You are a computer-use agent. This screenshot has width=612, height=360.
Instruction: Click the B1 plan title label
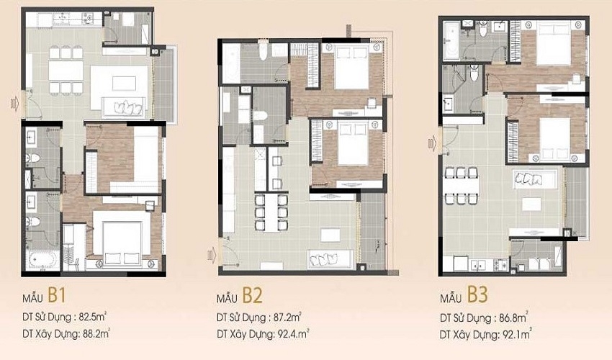coord(45,296)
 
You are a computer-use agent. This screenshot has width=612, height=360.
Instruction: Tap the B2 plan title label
coord(239,296)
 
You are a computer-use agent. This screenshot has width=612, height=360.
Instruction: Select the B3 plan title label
coord(464,295)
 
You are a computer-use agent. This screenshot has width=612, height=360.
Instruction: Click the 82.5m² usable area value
coord(93,317)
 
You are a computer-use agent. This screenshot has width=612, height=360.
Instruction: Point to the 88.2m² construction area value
coord(96,333)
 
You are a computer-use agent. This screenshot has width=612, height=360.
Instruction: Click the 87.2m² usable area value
coord(287,317)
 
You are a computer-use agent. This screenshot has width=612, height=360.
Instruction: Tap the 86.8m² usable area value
coord(513,318)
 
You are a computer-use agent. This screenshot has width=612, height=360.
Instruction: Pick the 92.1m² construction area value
coord(516,334)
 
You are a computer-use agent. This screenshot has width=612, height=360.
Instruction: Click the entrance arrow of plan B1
coord(15,104)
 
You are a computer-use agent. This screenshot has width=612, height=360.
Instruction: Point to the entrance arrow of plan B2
coord(212,255)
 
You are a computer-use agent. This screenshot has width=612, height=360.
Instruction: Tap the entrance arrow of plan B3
coord(433,144)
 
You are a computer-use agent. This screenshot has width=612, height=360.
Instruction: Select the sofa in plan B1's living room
coord(123,107)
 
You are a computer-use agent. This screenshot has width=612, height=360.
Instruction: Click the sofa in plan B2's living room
coord(330,259)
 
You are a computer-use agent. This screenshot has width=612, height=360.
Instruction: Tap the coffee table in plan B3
coord(531,204)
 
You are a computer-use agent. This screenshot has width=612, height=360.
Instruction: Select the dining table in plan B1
coord(66,71)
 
